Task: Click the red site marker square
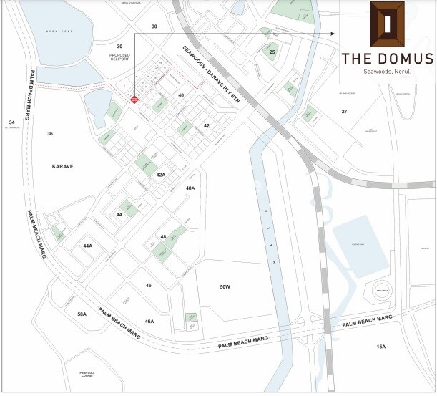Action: [x=134, y=100]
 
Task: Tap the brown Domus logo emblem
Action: [x=386, y=24]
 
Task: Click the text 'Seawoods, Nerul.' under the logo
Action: [x=386, y=72]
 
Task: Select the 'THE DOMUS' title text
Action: [x=386, y=58]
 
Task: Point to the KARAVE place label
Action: [x=63, y=166]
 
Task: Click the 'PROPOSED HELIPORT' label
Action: [x=119, y=57]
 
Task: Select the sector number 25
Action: [x=272, y=52]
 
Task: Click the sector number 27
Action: [x=344, y=112]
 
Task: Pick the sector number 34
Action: [x=11, y=122]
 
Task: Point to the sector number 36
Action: [x=50, y=134]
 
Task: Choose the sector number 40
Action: [x=181, y=95]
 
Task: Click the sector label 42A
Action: [x=161, y=175]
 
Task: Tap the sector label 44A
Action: [x=88, y=246]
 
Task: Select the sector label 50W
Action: [x=225, y=286]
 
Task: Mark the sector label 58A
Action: [x=82, y=314]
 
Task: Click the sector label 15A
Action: [x=381, y=347]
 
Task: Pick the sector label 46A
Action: [x=149, y=322]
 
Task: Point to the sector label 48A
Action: [x=190, y=188]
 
